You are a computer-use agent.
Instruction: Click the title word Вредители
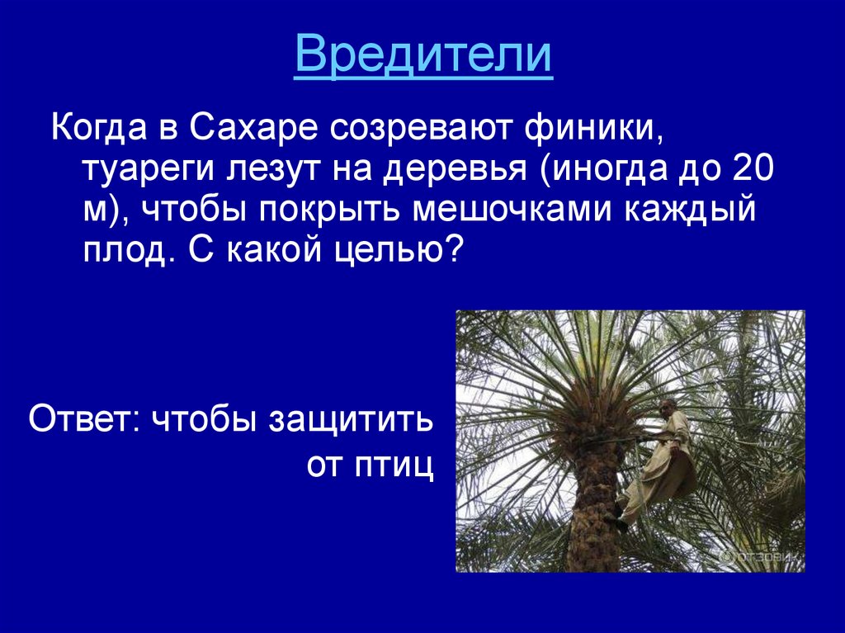423,54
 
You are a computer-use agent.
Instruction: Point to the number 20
754,168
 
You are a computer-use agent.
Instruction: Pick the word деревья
451,169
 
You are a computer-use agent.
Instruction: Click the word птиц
394,465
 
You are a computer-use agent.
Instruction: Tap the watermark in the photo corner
761,556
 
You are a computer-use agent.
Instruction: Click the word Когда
99,129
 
